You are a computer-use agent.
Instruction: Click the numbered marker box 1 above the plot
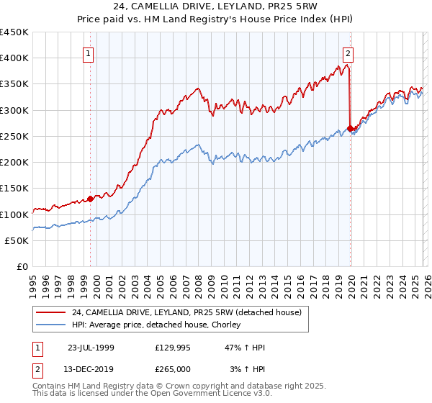click(x=88, y=53)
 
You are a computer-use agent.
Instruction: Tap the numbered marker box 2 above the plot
click(x=348, y=53)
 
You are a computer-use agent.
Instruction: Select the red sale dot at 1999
click(x=90, y=199)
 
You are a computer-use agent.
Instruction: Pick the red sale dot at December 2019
click(x=350, y=129)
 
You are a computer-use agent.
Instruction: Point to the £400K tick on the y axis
click(x=14, y=58)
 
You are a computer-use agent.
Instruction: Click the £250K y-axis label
click(x=14, y=136)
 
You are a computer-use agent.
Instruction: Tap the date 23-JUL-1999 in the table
click(x=91, y=348)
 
